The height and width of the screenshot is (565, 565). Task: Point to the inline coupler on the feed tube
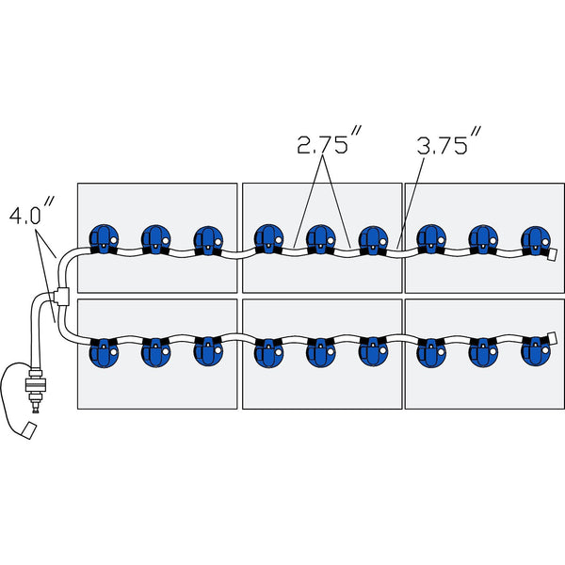(37, 386)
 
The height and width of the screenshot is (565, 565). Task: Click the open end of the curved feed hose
(28, 429)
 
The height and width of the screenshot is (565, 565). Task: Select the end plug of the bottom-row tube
(553, 336)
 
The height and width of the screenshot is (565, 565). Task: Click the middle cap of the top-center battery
(321, 241)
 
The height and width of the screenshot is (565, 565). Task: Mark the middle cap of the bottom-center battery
(321, 350)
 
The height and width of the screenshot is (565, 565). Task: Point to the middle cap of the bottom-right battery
(482, 350)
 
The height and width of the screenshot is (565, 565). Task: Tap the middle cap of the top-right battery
(482, 241)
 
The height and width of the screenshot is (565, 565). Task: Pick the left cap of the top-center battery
(268, 241)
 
